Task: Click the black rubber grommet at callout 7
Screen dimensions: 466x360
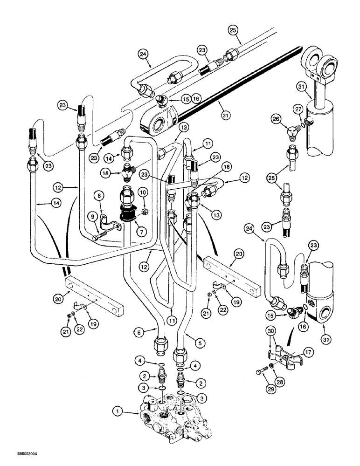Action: [128, 215]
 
